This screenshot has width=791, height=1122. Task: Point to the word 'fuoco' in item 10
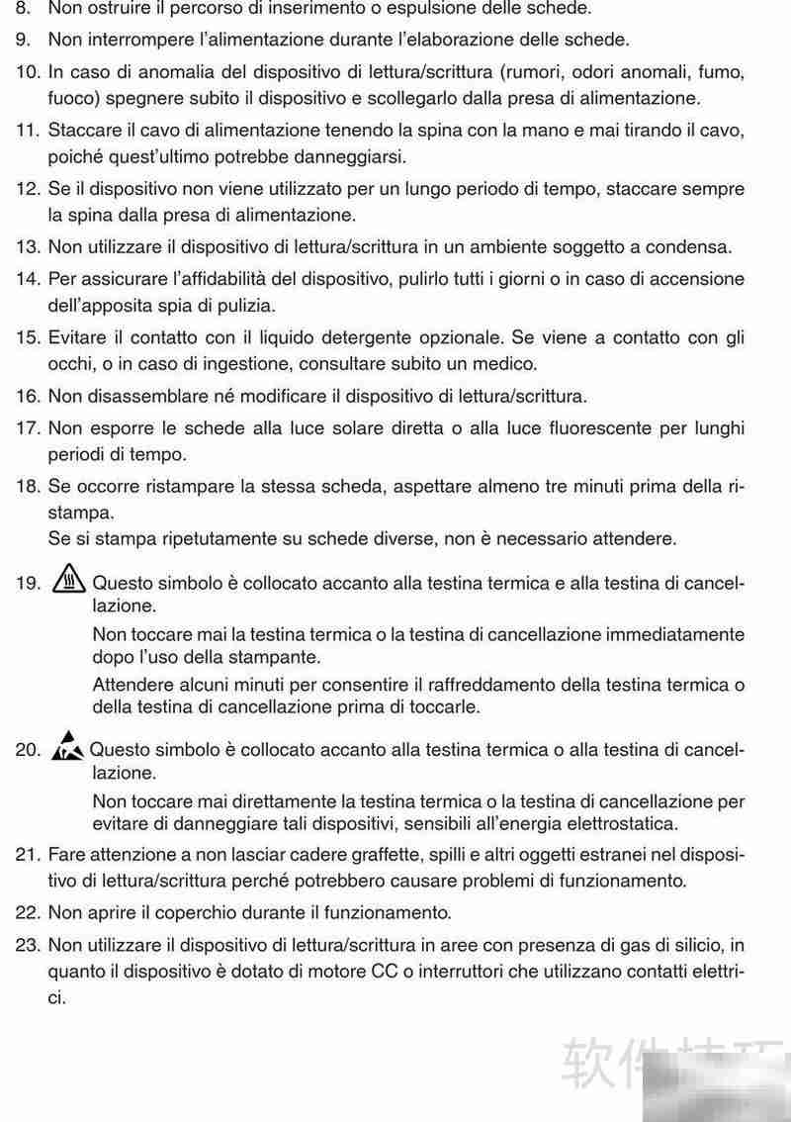tap(70, 98)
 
